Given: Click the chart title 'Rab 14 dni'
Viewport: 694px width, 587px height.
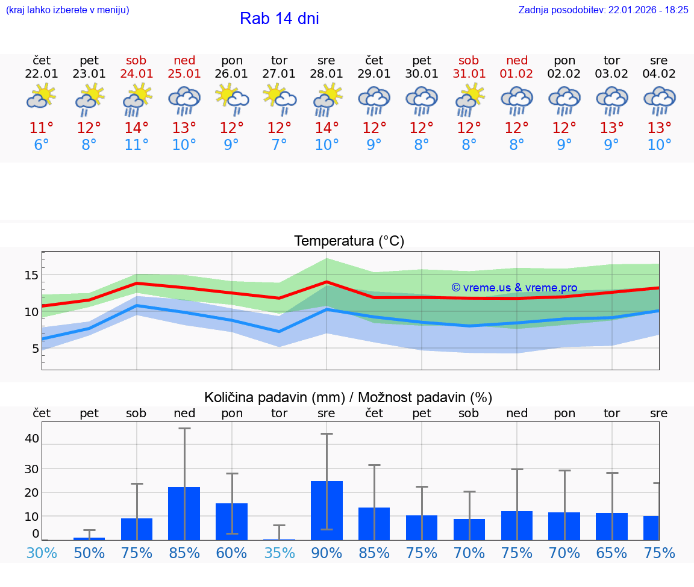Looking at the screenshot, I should point(279,19).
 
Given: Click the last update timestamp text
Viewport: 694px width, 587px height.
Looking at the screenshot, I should point(603,10).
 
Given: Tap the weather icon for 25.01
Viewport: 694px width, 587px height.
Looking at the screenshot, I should point(184,101).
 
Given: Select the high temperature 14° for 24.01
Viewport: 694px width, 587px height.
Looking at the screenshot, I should point(137,128).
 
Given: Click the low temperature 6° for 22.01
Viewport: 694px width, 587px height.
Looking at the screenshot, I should point(42,145).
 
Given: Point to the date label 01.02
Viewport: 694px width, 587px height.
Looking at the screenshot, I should point(516,74).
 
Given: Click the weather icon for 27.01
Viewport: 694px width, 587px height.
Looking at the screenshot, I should point(280,101).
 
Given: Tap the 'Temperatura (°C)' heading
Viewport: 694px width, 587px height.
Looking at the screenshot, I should point(349,241).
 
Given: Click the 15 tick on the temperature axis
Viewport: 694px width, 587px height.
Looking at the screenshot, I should point(31,276).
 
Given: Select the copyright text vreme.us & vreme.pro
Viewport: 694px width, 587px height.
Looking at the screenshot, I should point(514,288).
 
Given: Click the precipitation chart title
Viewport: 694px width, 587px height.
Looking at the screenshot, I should point(348,397).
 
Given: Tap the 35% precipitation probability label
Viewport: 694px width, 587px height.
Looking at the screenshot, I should point(280,553).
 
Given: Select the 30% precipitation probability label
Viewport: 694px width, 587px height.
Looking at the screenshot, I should point(42,553).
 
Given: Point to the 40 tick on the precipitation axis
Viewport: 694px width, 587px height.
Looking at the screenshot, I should point(31,438).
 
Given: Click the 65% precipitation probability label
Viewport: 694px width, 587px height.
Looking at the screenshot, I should point(611,553).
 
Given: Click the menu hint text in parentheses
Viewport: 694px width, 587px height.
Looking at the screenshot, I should point(67,10).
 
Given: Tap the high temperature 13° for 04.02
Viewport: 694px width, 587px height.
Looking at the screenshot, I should point(659,128).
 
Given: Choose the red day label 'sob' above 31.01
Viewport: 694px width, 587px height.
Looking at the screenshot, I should point(469,61).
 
